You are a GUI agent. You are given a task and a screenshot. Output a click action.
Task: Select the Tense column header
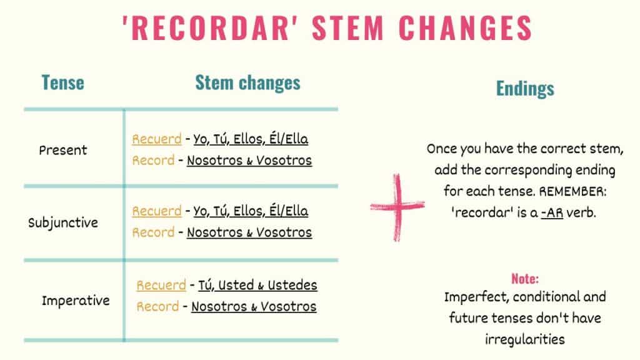click(62, 82)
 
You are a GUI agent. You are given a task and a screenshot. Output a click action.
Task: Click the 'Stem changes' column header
click(247, 82)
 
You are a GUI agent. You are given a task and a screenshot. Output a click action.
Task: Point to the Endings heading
click(525, 89)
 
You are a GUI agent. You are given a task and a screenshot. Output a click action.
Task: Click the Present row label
click(63, 150)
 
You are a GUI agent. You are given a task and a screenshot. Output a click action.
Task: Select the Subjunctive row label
click(63, 222)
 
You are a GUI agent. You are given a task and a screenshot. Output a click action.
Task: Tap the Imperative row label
click(76, 301)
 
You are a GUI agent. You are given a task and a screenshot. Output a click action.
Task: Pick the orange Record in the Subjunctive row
click(153, 232)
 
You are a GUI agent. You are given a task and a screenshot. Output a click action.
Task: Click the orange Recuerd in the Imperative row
click(161, 286)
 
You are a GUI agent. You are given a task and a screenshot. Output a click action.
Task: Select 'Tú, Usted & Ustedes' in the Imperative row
click(257, 286)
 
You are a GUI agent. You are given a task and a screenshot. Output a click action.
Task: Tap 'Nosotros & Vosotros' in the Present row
click(249, 161)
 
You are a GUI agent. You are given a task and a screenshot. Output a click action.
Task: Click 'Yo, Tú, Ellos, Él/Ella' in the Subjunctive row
click(251, 211)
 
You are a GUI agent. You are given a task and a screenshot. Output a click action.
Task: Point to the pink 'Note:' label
click(525, 279)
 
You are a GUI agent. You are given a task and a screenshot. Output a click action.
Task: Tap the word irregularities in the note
click(525, 339)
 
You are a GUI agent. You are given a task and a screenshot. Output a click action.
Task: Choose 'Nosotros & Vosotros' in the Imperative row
click(254, 307)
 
